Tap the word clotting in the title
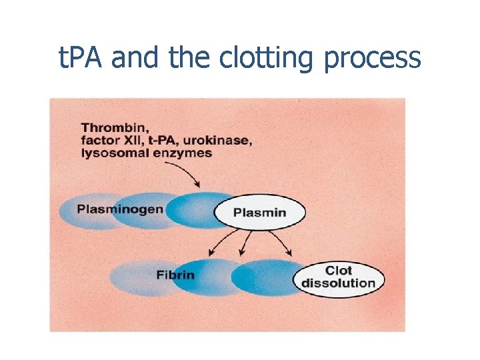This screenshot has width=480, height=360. click(x=269, y=59)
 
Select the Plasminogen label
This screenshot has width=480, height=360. click(x=120, y=209)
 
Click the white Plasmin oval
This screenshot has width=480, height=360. click(x=259, y=213)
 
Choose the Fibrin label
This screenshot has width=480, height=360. click(x=175, y=275)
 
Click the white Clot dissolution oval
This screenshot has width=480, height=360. click(x=339, y=277)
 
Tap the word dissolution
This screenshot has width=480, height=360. click(x=339, y=283)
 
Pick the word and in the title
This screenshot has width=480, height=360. click(x=136, y=58)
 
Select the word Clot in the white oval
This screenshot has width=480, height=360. click(x=338, y=270)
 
